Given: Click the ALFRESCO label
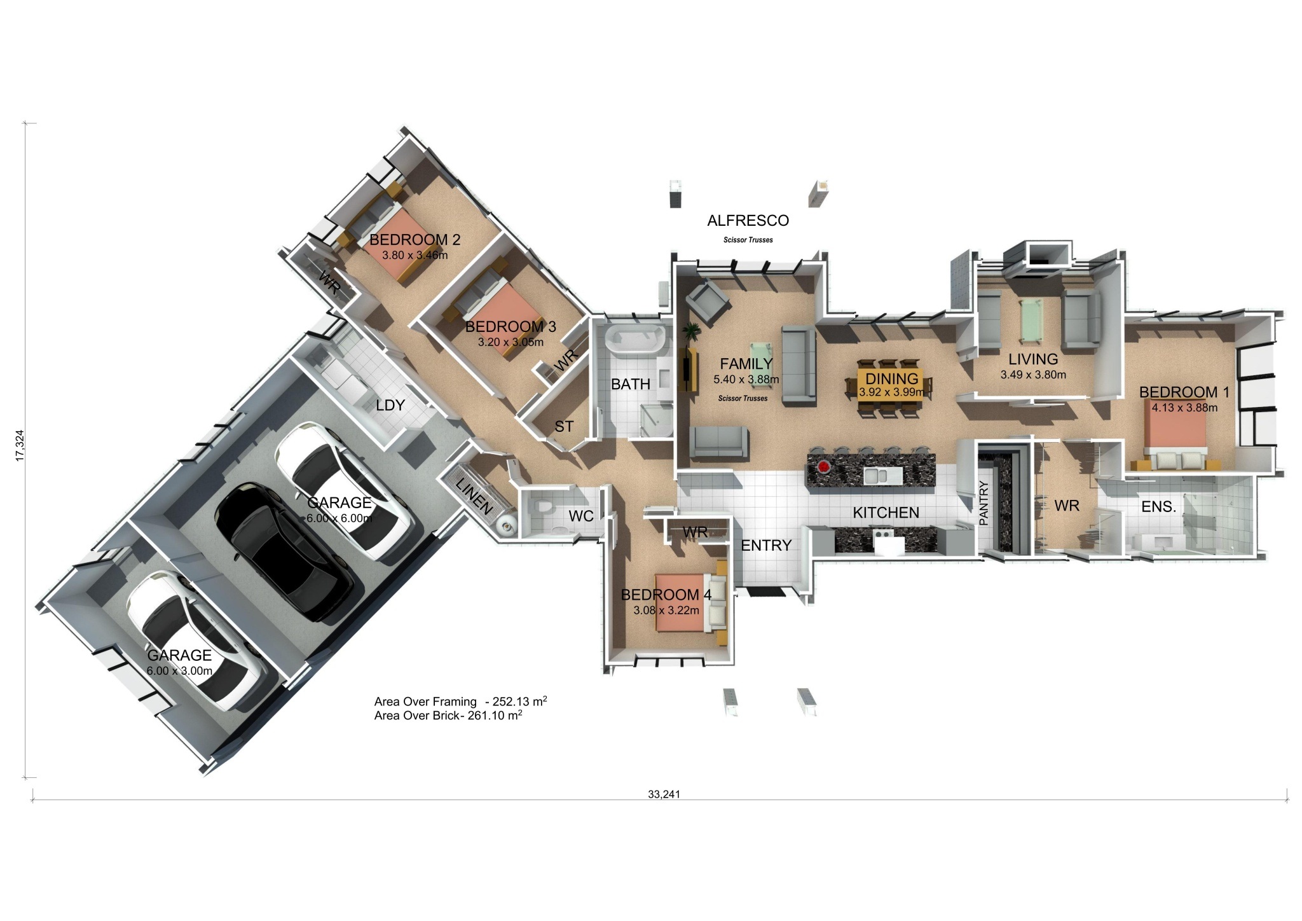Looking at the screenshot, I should coord(748,221).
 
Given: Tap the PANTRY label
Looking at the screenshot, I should coord(983,503).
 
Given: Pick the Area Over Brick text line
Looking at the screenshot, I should coord(448,716).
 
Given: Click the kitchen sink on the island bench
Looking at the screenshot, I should coord(882,474).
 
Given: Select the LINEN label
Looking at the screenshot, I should coord(474,496).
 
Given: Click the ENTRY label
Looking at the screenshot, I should coord(766,545).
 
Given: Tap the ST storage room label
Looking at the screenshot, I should coord(564,427).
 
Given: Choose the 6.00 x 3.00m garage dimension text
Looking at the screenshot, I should coord(179,670).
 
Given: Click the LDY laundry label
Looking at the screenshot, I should coord(390,405).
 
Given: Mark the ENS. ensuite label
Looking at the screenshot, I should coord(1158,507).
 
